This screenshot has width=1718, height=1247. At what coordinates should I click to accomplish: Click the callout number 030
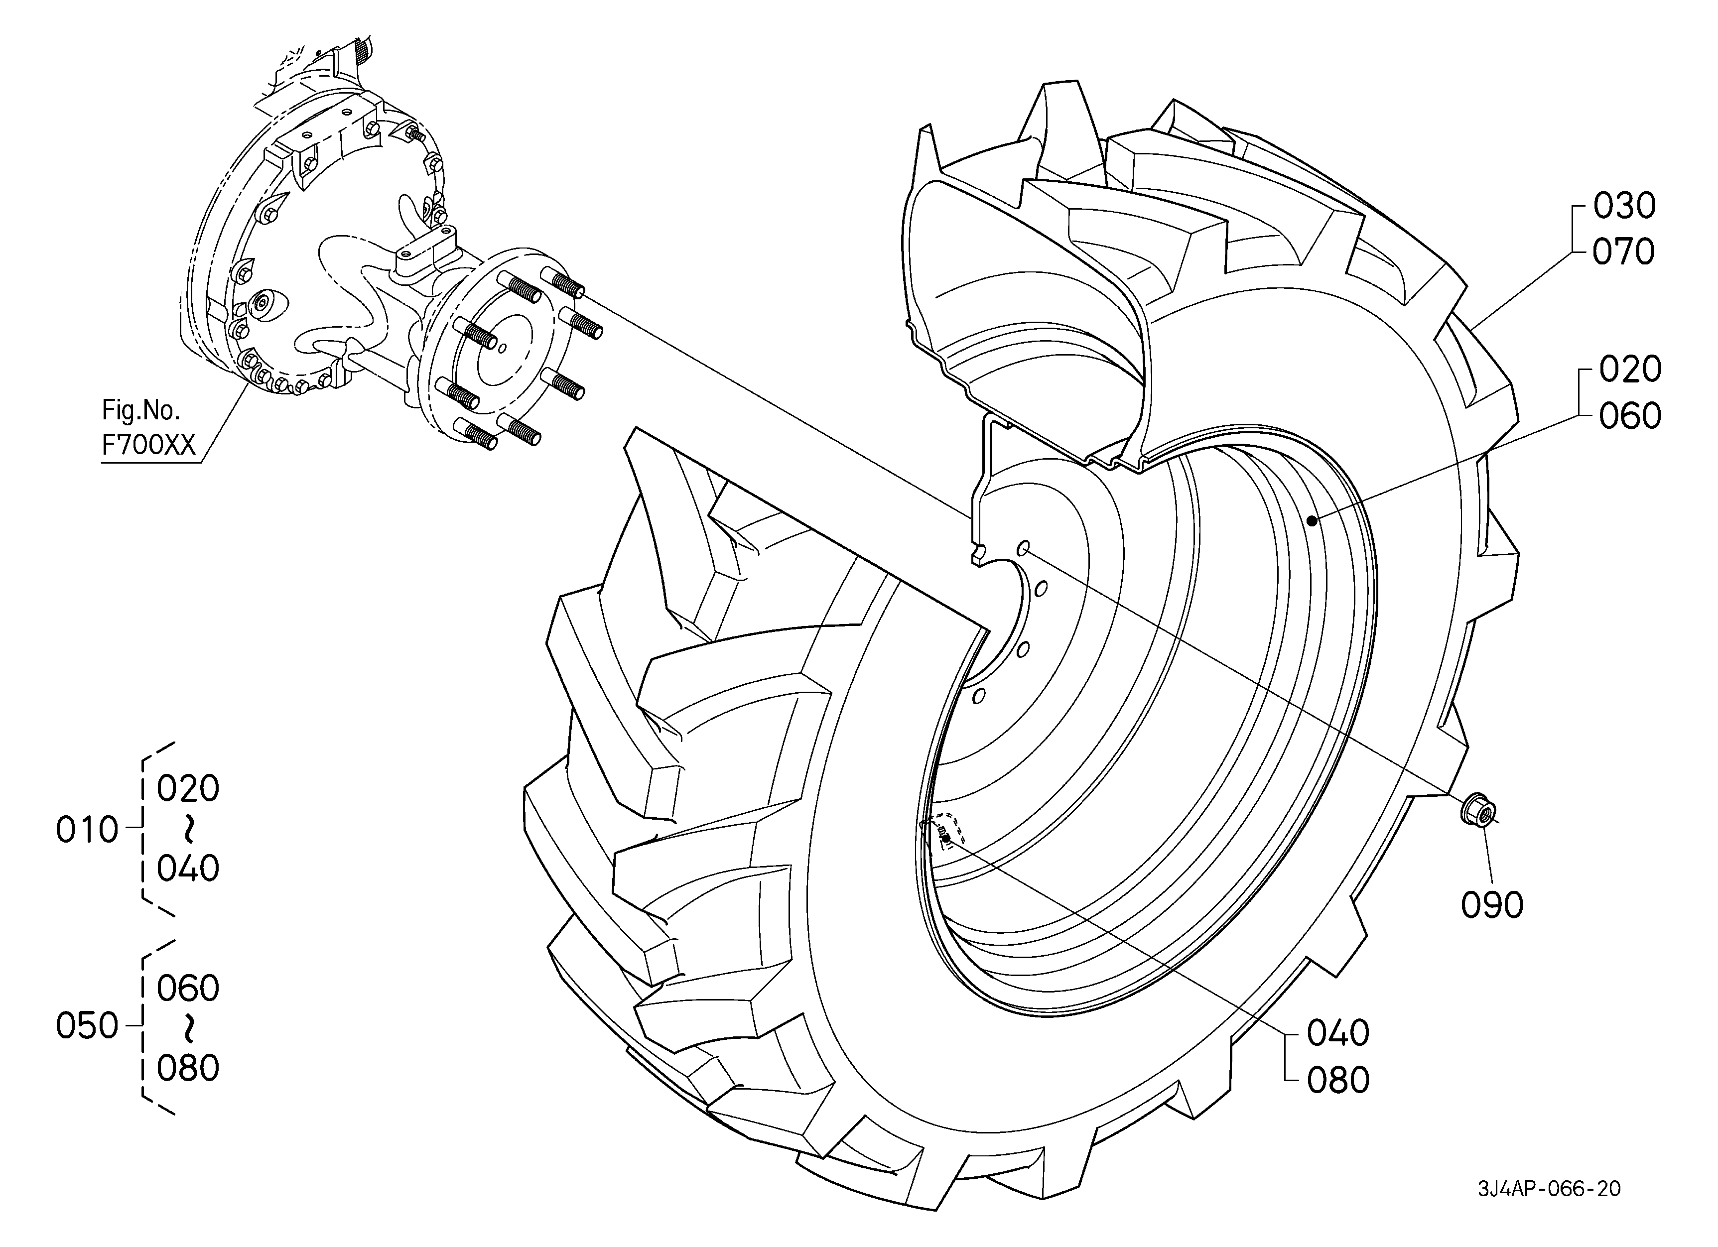point(1624,206)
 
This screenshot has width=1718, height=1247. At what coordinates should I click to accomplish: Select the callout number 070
point(1624,252)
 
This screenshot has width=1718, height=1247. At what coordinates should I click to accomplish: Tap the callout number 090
point(1491,905)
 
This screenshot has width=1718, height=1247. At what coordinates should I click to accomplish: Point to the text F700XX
point(149,445)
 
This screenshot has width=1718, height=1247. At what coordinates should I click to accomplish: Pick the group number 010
point(87,831)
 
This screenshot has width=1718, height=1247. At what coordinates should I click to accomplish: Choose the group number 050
point(87,1027)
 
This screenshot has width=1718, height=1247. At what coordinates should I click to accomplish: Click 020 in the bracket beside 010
point(188,789)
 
